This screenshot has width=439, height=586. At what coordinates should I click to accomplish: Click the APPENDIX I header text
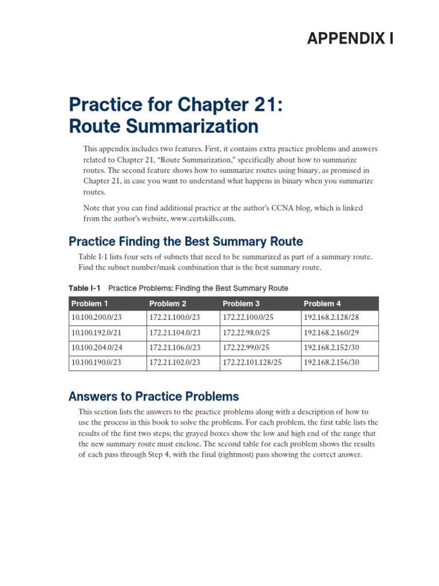(350, 38)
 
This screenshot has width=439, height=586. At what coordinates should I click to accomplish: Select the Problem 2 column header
(167, 303)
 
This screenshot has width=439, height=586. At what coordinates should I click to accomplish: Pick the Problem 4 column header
(322, 303)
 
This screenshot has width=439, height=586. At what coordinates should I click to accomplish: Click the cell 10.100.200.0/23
(97, 318)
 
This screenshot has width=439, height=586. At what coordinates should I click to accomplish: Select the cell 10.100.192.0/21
(97, 332)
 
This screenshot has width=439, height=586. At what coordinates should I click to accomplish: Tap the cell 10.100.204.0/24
(97, 347)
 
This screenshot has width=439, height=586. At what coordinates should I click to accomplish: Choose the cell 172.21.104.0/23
(175, 332)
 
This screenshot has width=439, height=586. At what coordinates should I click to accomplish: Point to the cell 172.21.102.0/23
(175, 362)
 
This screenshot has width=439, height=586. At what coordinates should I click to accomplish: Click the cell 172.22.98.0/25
(246, 332)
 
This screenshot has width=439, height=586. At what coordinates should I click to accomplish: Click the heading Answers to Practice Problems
(153, 396)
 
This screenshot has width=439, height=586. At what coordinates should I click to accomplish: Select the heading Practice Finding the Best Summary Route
(185, 241)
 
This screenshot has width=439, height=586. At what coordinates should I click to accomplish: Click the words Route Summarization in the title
(163, 125)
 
